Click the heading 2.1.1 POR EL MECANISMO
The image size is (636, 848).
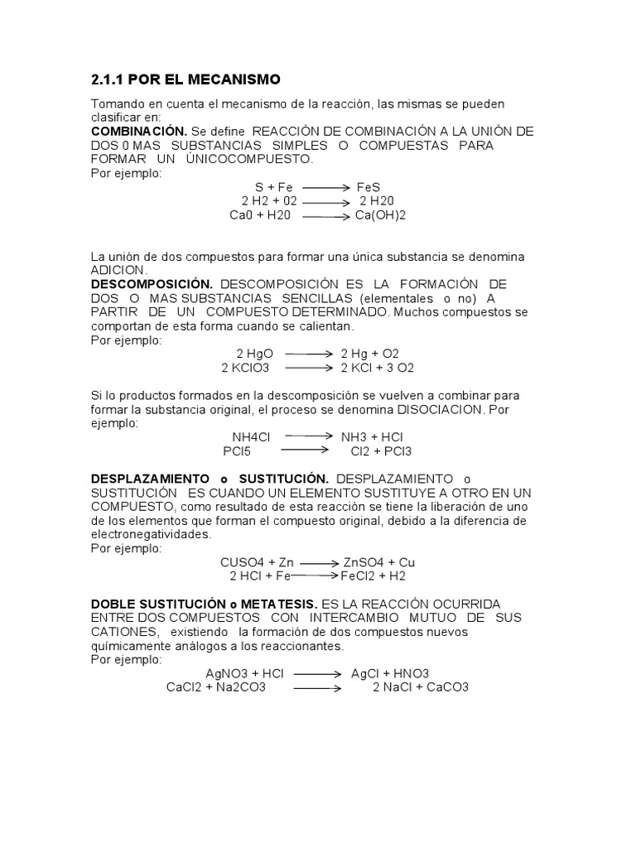pyautogui.click(x=186, y=79)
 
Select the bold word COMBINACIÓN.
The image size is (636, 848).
pyautogui.click(x=138, y=132)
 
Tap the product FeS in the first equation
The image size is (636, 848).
pyautogui.click(x=369, y=187)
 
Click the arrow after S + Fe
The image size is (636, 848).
pyautogui.click(x=324, y=188)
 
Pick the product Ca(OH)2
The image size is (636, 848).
pyautogui.click(x=381, y=215)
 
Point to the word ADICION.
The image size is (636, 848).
pyautogui.click(x=118, y=270)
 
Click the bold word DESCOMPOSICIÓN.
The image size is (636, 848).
pyautogui.click(x=152, y=284)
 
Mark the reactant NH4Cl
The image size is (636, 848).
pyautogui.click(x=252, y=436)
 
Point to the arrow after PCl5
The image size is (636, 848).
pyautogui.click(x=306, y=450)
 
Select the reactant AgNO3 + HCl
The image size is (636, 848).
pyautogui.click(x=244, y=673)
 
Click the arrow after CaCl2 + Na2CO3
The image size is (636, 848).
pyautogui.click(x=318, y=687)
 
